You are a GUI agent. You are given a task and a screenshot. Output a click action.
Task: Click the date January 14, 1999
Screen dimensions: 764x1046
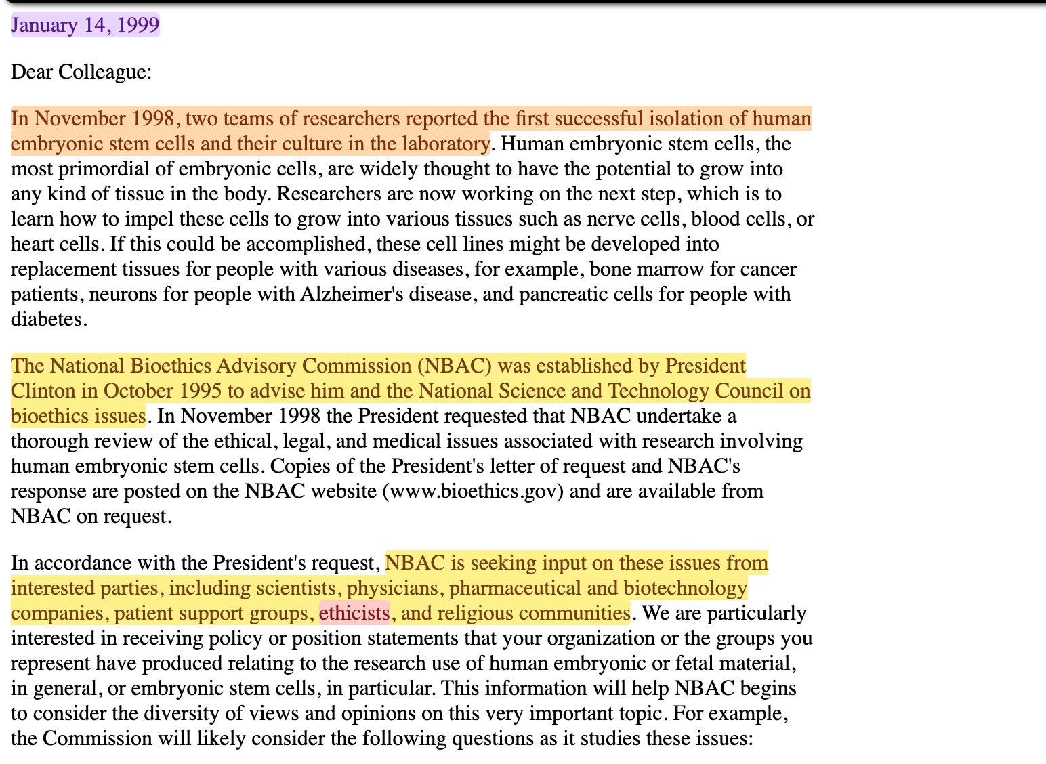(x=85, y=25)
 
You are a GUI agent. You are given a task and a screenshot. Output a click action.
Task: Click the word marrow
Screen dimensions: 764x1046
(x=673, y=269)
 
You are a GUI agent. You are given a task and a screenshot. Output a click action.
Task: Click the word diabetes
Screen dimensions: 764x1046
(x=47, y=319)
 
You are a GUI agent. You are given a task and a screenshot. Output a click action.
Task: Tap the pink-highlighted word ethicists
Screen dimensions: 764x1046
(x=354, y=613)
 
